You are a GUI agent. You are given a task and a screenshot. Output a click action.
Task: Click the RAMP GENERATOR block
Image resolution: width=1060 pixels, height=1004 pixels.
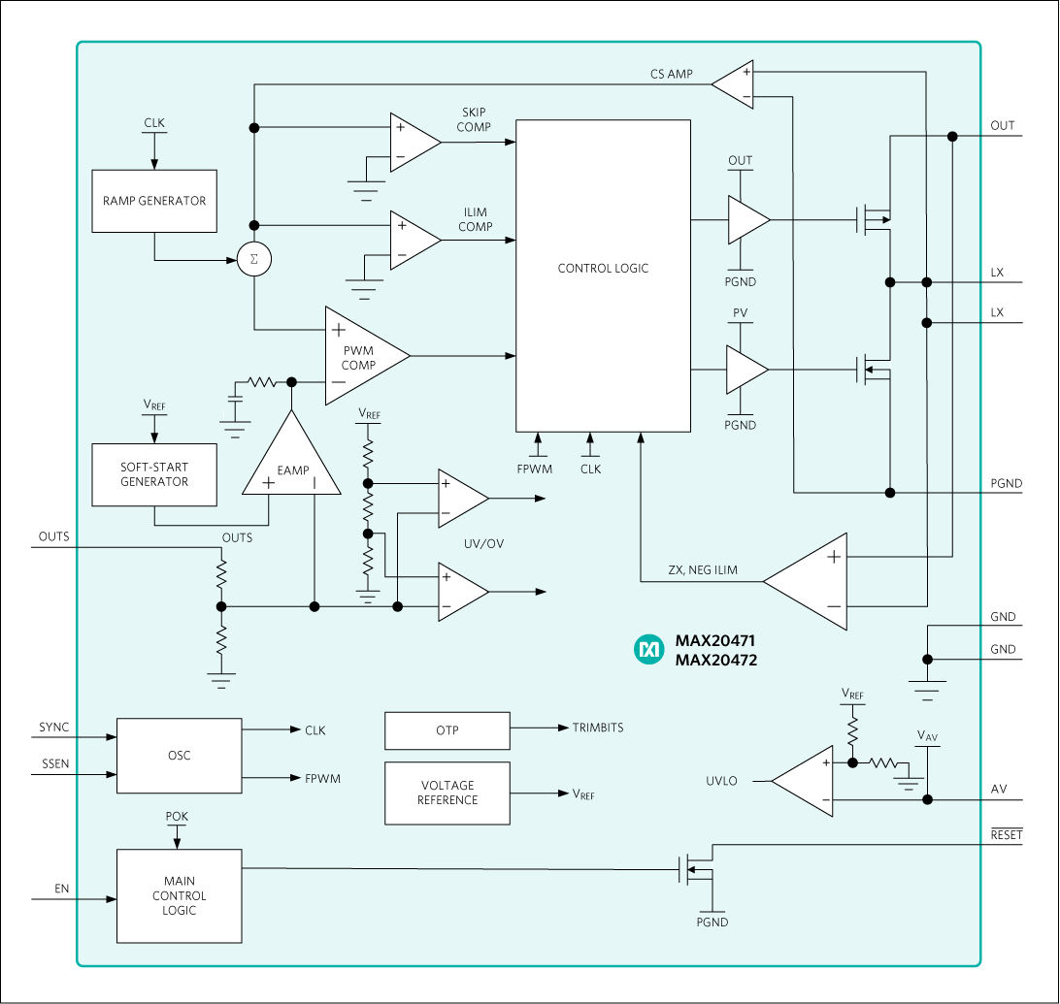(x=154, y=201)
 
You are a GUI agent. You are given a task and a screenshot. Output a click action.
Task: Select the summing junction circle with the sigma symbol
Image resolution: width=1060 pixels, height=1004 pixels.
(x=254, y=260)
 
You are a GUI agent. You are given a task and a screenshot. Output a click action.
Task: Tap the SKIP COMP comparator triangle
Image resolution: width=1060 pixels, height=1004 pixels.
(x=413, y=143)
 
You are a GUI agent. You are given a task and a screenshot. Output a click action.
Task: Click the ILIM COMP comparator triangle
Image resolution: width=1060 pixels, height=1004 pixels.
(x=413, y=240)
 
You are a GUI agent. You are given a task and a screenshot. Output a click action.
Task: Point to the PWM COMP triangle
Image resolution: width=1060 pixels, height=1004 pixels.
(x=360, y=356)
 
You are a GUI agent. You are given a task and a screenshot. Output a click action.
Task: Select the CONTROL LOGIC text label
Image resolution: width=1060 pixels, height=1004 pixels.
(x=603, y=269)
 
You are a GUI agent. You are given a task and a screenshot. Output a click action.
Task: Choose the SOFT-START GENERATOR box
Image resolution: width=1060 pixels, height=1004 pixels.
(x=154, y=474)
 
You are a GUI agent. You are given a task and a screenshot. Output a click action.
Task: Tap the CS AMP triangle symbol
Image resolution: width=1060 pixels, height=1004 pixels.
(x=735, y=84)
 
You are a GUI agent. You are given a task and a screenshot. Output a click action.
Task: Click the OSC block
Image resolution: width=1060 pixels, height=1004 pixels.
(x=179, y=756)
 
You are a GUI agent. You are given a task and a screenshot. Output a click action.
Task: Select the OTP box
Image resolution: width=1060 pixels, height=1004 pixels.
(x=447, y=730)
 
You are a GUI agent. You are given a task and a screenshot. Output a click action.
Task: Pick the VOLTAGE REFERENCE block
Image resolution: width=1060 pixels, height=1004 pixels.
(x=447, y=793)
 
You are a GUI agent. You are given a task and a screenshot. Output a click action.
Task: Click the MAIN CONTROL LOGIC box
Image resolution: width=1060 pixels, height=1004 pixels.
(x=179, y=895)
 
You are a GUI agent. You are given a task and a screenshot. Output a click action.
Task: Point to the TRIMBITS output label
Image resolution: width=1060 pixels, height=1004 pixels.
(x=598, y=728)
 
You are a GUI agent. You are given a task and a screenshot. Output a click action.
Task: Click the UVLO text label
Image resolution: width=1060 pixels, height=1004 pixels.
(x=721, y=782)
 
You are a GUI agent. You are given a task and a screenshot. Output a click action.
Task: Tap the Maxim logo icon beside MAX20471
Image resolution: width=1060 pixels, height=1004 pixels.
(x=647, y=651)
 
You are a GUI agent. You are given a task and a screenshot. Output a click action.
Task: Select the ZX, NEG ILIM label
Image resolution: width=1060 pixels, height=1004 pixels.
(x=703, y=570)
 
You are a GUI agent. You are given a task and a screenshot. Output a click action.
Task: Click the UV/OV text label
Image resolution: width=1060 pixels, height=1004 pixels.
(x=485, y=544)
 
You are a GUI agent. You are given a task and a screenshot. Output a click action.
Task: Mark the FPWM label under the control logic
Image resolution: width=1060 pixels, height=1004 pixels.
(x=535, y=469)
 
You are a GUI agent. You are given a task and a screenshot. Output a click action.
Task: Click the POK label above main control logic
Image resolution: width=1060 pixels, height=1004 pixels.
(x=177, y=817)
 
